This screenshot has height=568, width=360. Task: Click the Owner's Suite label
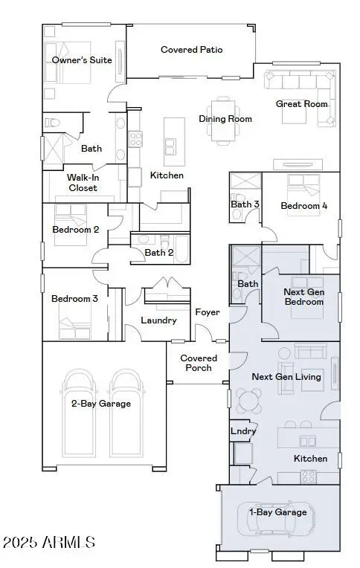pyautogui.click(x=82, y=59)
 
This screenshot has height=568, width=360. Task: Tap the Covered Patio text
pyautogui.click(x=192, y=50)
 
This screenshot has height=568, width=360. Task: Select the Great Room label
pyautogui.click(x=301, y=104)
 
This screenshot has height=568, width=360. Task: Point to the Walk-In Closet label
pyautogui.click(x=83, y=183)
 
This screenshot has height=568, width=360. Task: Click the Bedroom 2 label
pyautogui.click(x=75, y=230)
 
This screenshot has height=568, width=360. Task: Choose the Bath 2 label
pyautogui.click(x=160, y=253)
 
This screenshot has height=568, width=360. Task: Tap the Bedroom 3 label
pyautogui.click(x=74, y=299)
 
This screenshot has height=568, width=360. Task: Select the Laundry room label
pyautogui.click(x=158, y=320)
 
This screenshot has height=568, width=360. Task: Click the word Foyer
pyautogui.click(x=208, y=312)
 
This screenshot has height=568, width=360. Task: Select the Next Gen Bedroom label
pyautogui.click(x=304, y=297)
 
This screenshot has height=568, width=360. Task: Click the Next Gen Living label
pyautogui.click(x=286, y=377)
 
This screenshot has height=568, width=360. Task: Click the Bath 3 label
pyautogui.click(x=245, y=204)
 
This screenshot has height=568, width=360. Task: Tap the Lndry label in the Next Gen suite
pyautogui.click(x=243, y=431)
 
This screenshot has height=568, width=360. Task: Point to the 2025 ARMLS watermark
pyautogui.click(x=48, y=543)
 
